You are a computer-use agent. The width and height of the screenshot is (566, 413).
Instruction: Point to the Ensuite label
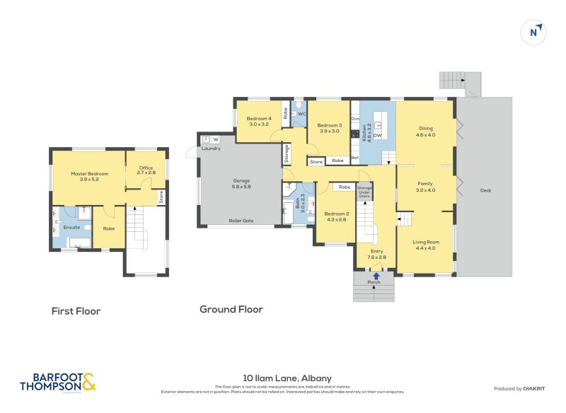[71, 228]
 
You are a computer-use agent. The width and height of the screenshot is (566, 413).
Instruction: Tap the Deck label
[485, 190]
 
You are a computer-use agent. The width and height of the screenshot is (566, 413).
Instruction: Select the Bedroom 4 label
[260, 121]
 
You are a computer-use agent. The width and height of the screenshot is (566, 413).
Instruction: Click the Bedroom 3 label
[329, 128]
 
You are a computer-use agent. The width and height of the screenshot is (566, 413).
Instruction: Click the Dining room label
[425, 131]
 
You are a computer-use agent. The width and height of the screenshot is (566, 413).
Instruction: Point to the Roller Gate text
[241, 221]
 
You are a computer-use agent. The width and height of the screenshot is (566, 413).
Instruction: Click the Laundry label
[211, 149]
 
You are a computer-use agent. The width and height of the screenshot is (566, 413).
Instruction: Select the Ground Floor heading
[231, 309]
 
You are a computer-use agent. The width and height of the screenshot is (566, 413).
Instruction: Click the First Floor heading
[76, 311]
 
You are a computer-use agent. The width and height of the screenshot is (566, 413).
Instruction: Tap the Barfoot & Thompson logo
[57, 382]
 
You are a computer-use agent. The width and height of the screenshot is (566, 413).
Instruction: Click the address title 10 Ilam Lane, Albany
[282, 378]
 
